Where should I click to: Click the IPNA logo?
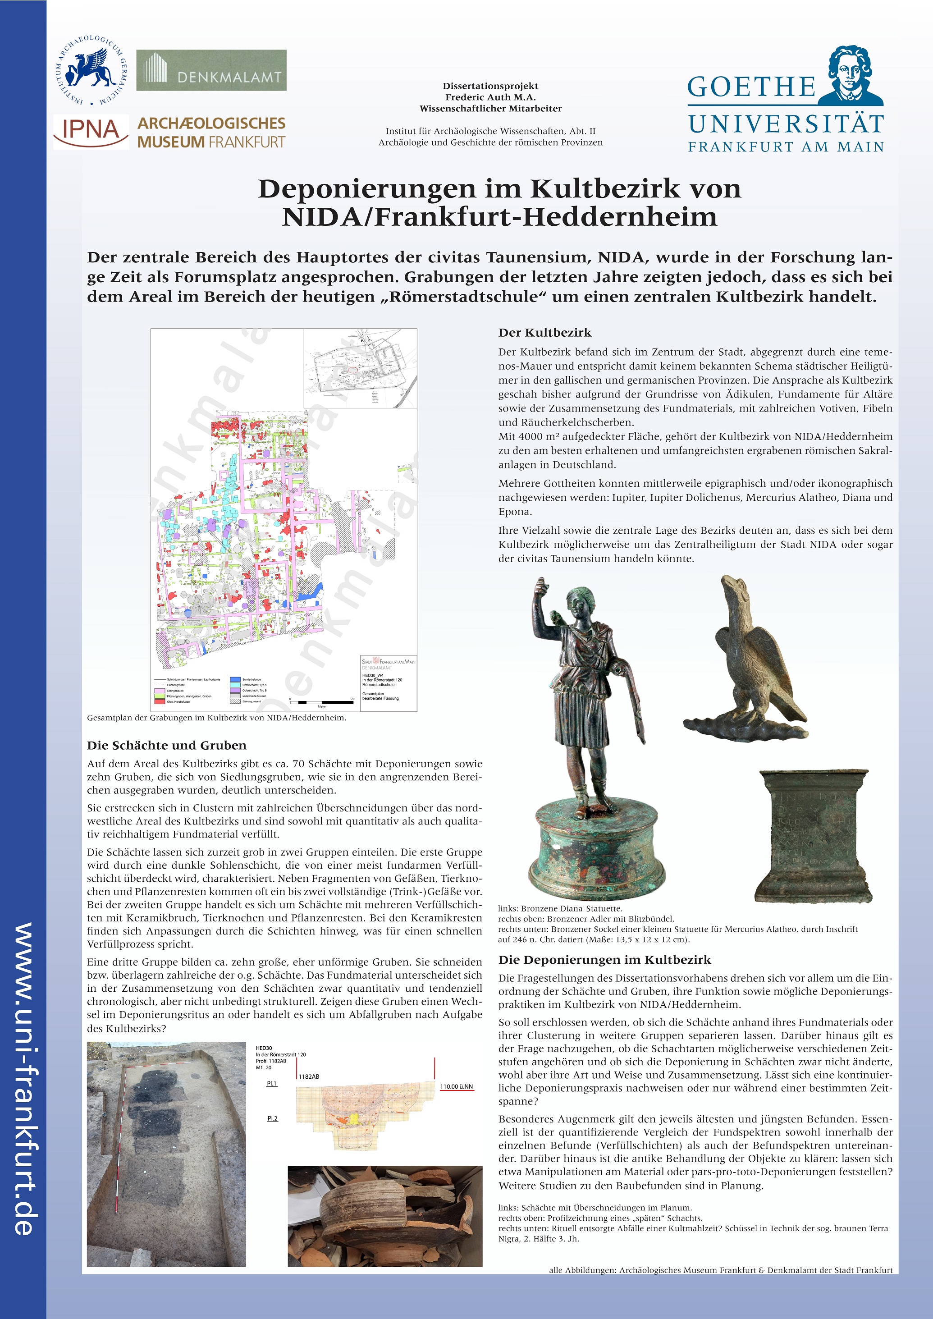coord(91,132)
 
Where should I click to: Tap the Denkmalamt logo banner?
coord(211,70)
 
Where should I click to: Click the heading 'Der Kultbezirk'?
coord(544,333)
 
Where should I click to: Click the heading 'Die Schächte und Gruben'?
coord(167,745)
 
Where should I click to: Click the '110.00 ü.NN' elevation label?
coord(456,1086)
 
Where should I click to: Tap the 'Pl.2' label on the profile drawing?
coord(272,1118)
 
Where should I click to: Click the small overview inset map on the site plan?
coord(360,368)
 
